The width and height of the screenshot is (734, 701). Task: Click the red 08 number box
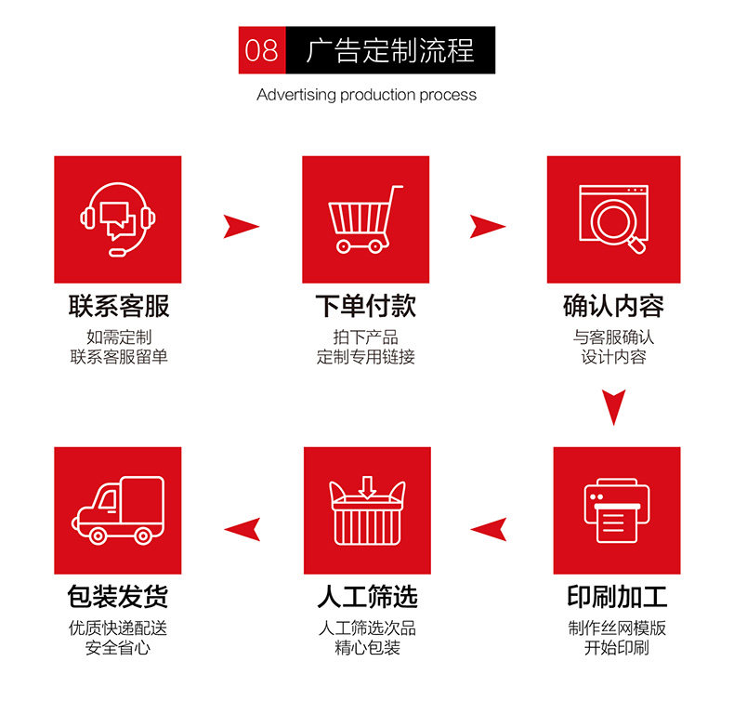[261, 50]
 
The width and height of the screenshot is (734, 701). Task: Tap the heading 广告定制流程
[390, 50]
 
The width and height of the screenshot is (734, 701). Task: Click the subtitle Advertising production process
[366, 95]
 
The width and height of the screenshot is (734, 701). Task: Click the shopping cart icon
[365, 219]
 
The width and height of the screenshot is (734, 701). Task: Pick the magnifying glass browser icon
[613, 219]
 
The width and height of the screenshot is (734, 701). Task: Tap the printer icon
[616, 510]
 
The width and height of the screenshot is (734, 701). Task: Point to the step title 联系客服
[118, 306]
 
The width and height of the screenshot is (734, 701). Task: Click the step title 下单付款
[365, 306]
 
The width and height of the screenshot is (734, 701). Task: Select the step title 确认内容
[613, 306]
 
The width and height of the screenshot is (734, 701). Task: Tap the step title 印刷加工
[616, 597]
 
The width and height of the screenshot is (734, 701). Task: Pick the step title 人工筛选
[367, 597]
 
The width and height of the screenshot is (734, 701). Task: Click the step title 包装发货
[118, 597]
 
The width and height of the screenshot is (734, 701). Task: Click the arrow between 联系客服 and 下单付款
[241, 226]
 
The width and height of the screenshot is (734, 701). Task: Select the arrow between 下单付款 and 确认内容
[487, 226]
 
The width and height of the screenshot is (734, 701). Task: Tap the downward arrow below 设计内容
[613, 406]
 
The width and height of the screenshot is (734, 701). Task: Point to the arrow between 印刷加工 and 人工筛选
[489, 530]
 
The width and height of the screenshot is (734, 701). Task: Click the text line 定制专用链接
[365, 357]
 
